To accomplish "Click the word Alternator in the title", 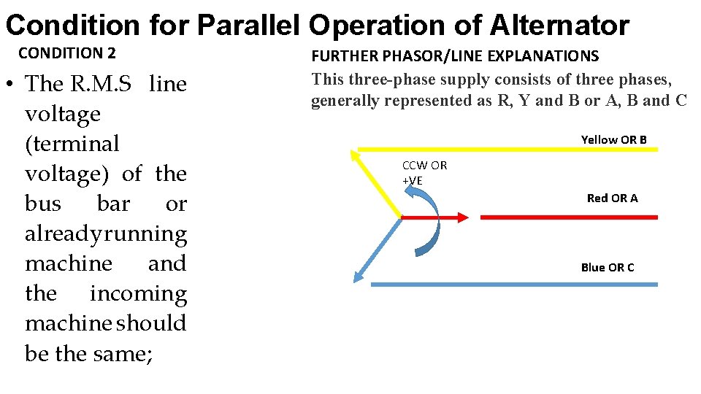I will [x=559, y=26].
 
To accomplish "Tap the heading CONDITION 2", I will [x=66, y=53].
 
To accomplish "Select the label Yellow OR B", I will [x=613, y=139].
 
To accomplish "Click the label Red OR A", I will [x=612, y=198].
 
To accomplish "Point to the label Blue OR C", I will [x=608, y=267].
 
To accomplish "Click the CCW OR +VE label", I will [x=424, y=172].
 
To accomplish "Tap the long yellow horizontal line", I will [x=511, y=150].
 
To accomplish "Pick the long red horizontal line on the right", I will [x=568, y=217].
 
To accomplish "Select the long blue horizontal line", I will [x=514, y=284].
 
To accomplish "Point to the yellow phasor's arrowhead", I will [x=356, y=154].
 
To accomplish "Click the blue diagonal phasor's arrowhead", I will [x=359, y=276].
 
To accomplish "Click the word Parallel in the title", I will [x=249, y=26].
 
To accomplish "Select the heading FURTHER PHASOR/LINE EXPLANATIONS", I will [x=455, y=56].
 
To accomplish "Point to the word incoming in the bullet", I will [x=138, y=293].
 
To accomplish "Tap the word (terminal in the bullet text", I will [x=72, y=144].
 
